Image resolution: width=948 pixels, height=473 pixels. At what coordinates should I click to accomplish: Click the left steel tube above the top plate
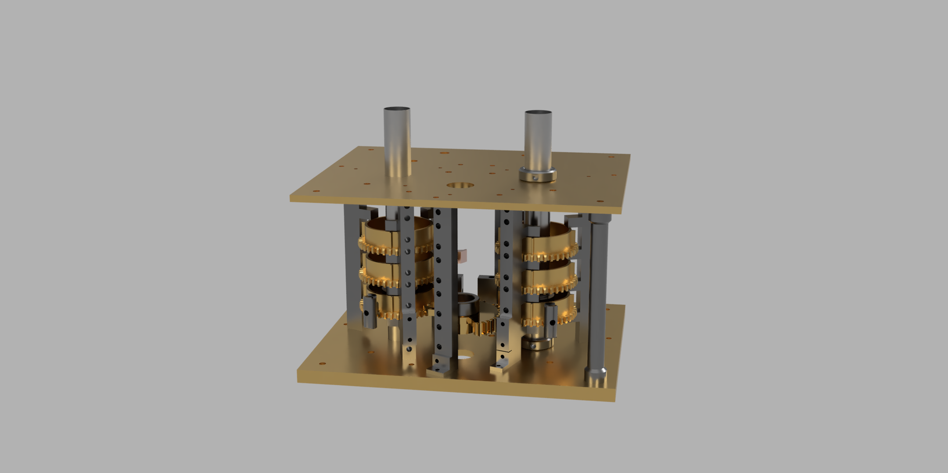397,140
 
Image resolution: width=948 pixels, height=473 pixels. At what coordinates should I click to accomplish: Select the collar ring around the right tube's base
538,175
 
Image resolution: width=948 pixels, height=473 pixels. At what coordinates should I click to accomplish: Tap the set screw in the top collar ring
535,178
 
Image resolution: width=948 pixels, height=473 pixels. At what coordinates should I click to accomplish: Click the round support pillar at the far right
598,290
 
